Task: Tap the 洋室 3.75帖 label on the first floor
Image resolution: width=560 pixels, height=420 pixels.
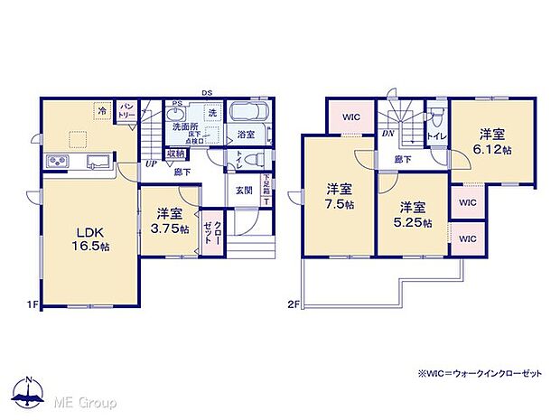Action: click(170, 221)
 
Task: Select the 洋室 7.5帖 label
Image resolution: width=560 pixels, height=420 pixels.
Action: click(339, 196)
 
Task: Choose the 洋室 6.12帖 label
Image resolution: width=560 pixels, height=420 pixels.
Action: click(495, 140)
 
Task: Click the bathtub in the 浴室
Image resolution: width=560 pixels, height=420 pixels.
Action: click(246, 116)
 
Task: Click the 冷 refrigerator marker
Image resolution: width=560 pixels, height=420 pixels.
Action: click(103, 112)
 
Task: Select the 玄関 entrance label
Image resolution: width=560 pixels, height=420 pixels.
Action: click(245, 190)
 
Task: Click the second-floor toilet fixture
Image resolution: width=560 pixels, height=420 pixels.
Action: click(437, 117)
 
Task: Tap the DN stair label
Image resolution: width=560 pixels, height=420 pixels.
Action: click(387, 133)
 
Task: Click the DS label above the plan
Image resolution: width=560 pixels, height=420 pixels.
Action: click(207, 91)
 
